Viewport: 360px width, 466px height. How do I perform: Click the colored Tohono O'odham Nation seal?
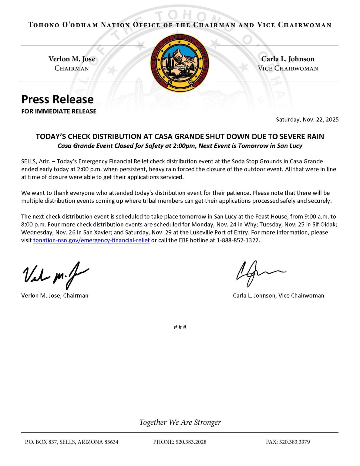click(x=180, y=63)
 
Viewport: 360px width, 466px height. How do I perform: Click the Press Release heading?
click(x=57, y=99)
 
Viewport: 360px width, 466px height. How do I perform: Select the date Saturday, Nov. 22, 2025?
click(x=307, y=120)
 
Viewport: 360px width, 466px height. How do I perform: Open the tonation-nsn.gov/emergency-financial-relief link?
click(x=91, y=240)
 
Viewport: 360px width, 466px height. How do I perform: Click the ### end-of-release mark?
click(x=180, y=327)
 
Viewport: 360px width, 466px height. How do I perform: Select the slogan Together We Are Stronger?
click(x=180, y=422)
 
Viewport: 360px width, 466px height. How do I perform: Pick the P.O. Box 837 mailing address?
click(x=72, y=442)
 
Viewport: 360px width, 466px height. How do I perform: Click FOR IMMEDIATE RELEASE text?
click(x=59, y=111)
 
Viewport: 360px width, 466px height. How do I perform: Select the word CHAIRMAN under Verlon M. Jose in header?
click(x=72, y=68)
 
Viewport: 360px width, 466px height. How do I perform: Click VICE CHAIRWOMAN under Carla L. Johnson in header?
click(x=288, y=68)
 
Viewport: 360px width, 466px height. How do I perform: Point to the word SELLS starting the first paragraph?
click(x=28, y=161)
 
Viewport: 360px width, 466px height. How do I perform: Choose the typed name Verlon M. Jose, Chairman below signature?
click(x=55, y=295)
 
